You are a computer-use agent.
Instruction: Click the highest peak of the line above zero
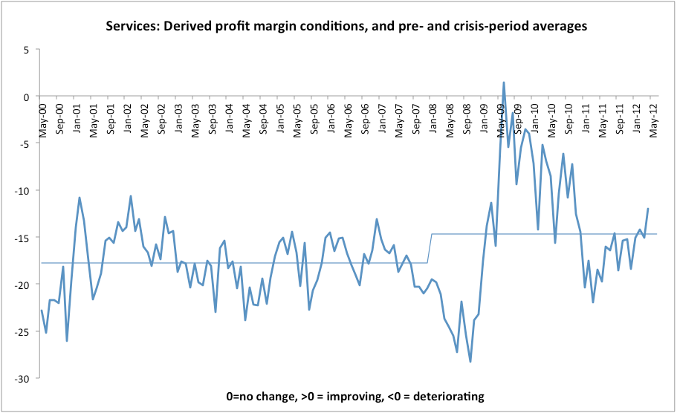click(504, 82)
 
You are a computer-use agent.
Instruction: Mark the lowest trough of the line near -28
click(470, 362)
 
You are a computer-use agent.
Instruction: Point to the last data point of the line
click(648, 209)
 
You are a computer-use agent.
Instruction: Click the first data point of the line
click(42, 310)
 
